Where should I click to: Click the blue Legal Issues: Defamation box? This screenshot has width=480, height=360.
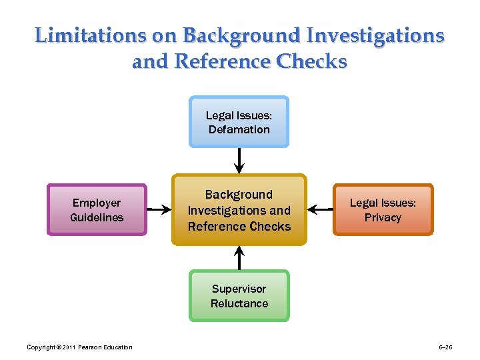[239, 121]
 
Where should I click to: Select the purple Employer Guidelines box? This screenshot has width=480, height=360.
[97, 209]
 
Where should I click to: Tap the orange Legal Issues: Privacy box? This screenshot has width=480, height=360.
[383, 209]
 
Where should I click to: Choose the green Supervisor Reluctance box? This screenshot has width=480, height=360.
[239, 295]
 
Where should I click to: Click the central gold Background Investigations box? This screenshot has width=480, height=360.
[239, 210]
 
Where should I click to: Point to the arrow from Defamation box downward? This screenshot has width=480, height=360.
[239, 160]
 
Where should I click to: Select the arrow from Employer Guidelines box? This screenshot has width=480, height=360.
[159, 209]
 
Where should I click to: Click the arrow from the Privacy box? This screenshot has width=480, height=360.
[321, 209]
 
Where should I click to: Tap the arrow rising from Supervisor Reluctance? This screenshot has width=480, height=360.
[239, 257]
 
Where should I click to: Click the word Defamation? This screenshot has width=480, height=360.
[239, 129]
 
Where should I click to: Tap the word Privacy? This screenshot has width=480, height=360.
[383, 217]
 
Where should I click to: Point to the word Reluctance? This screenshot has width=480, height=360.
[239, 303]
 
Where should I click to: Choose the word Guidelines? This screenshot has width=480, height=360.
[97, 217]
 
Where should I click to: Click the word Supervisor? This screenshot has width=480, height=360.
[239, 289]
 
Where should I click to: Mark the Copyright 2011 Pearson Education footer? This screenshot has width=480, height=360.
[79, 347]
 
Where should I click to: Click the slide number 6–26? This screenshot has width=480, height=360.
[445, 347]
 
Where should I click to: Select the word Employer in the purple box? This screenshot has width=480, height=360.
[97, 203]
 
